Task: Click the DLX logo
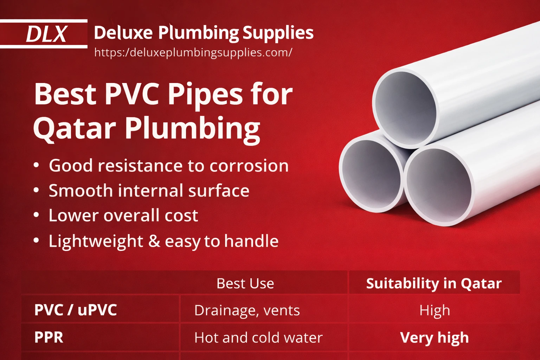[x=46, y=34]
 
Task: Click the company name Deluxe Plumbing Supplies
[x=204, y=33]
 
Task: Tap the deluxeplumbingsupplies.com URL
[x=193, y=52]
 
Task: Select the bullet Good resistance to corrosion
[x=168, y=166]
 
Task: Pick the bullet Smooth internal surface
[x=149, y=191]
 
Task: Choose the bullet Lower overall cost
[x=123, y=215]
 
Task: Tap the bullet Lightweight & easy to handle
[x=163, y=241]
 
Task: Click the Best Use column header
[x=245, y=283]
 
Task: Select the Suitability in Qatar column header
[x=434, y=283]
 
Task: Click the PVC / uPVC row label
[x=76, y=310]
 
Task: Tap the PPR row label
[x=49, y=337]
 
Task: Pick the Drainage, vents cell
[x=247, y=310]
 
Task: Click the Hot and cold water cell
[x=258, y=337]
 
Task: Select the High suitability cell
[x=435, y=310]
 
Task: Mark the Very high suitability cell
[x=435, y=337]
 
